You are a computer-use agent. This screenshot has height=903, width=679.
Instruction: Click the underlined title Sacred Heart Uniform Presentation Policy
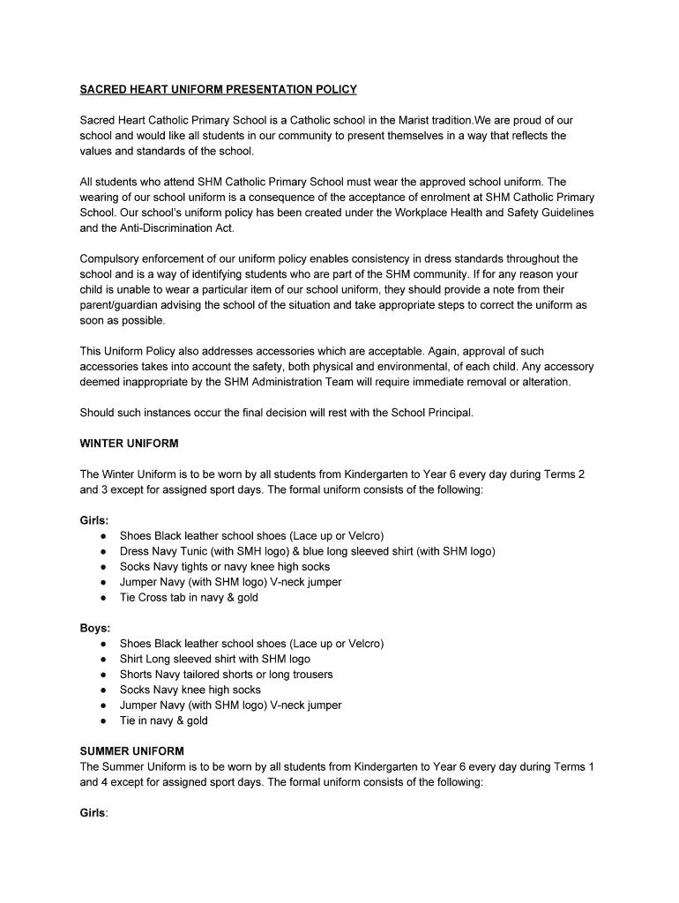pos(219,89)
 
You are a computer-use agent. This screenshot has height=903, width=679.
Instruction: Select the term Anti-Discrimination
pos(153,228)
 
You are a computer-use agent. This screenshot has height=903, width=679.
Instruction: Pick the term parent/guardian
pos(123,305)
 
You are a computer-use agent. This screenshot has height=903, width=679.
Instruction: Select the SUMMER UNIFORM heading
pos(132,751)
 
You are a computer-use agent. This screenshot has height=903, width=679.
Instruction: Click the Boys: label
pos(95,628)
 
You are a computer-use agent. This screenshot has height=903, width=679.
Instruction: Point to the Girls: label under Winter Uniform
pos(94,520)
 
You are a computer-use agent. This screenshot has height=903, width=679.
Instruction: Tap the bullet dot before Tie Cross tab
pos(104,598)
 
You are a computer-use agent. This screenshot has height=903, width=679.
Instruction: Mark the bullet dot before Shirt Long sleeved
pos(104,660)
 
